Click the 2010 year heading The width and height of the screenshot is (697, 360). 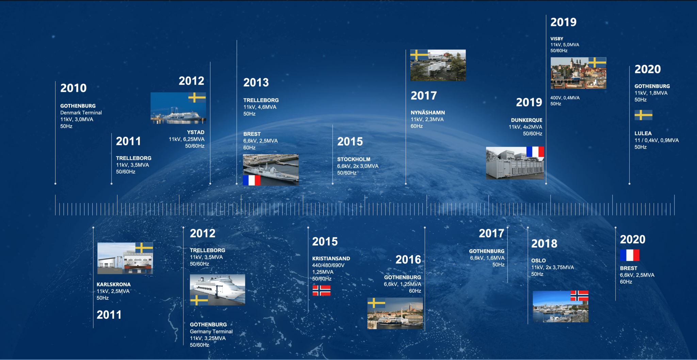tap(74, 88)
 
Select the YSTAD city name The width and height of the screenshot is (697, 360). tap(196, 132)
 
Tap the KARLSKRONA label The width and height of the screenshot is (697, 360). tap(114, 284)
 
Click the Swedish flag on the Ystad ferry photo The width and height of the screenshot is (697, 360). tap(197, 98)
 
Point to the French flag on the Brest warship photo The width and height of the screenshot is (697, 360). tap(252, 180)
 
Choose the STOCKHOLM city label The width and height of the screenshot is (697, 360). tap(354, 159)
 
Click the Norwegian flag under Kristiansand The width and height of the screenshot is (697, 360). tap(322, 291)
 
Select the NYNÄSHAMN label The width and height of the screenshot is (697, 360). tap(428, 113)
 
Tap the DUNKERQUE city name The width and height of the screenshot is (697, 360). tap(526, 120)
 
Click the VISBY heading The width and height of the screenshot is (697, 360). tap(557, 39)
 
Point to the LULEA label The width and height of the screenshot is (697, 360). tap(643, 133)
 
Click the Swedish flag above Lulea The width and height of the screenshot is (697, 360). tap(644, 115)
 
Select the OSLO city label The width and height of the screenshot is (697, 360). tap(538, 261)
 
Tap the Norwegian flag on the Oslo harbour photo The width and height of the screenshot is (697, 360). tap(580, 296)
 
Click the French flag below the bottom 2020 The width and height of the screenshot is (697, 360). tap(630, 255)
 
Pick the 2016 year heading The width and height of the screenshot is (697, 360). tap(408, 260)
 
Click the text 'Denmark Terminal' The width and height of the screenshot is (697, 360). tap(81, 113)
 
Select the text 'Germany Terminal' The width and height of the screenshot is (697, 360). tap(211, 331)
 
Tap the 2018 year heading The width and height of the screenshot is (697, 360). tap(544, 244)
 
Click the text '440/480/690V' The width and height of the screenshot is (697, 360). tap(328, 265)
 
